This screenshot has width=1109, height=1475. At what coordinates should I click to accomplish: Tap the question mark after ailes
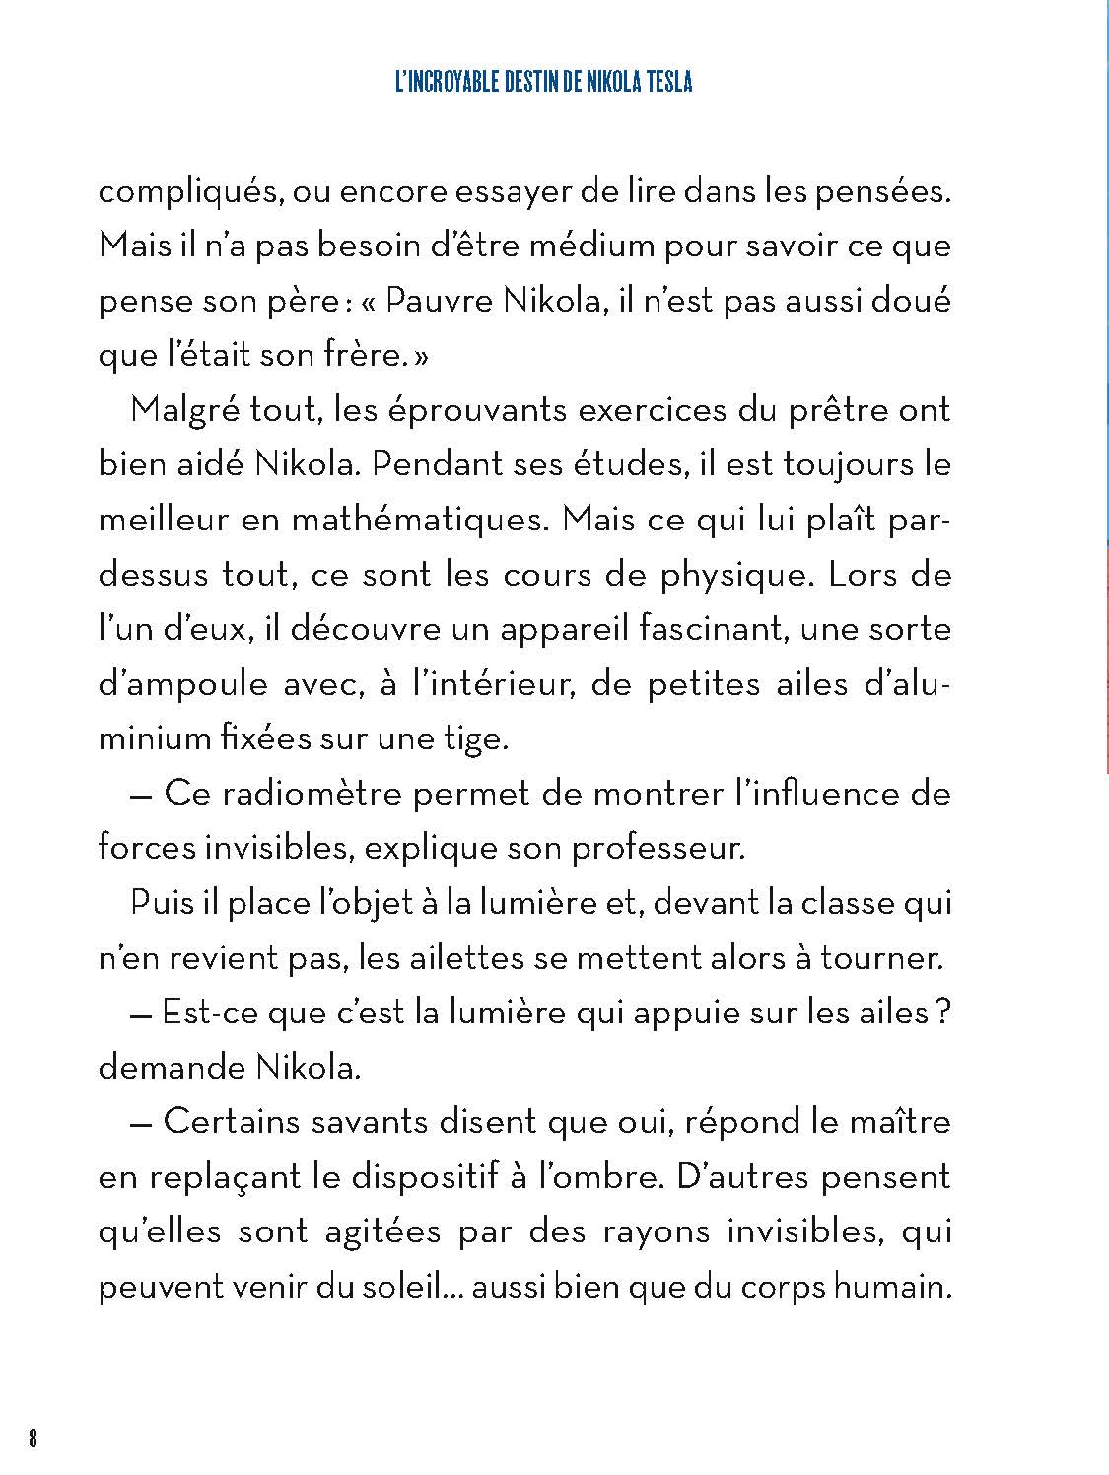coord(942,1012)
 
